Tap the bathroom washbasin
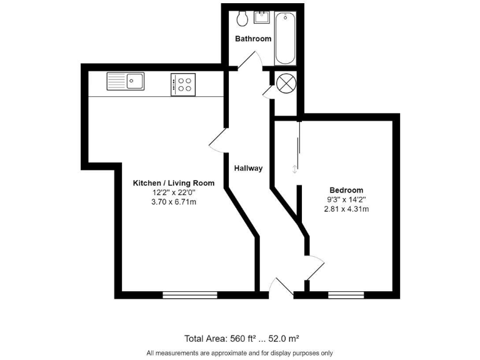261,17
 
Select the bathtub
285,39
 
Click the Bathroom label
253,39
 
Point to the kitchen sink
125,81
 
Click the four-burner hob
183,84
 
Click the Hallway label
248,168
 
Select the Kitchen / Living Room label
174,183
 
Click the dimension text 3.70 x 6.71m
174,202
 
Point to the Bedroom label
346,190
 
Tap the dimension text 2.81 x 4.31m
346,209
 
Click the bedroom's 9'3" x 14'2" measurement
346,199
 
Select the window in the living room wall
190,294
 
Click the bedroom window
346,294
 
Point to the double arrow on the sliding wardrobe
295,169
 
